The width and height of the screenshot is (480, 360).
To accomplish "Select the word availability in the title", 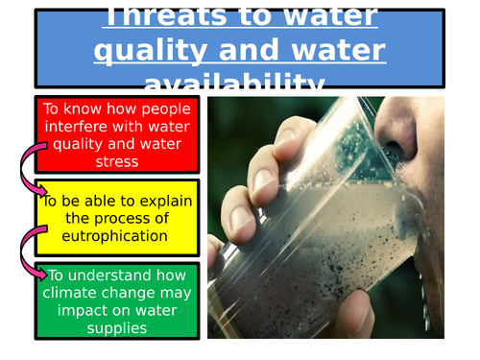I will pyautogui.click(x=240, y=81).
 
